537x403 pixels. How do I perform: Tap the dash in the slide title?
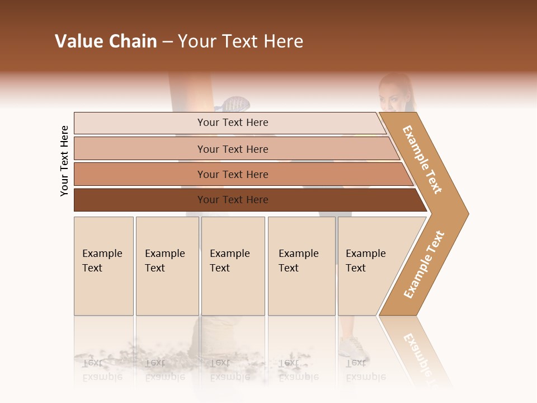coord(167,42)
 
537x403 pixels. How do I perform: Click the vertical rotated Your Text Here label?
coord(64,161)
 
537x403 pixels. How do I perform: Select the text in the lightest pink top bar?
coord(233,123)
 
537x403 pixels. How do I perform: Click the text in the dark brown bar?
coord(233,200)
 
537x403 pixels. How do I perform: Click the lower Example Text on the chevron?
coord(424,264)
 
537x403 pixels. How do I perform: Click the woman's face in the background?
coord(395,95)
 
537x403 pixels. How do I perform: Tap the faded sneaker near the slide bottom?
coord(351,347)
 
